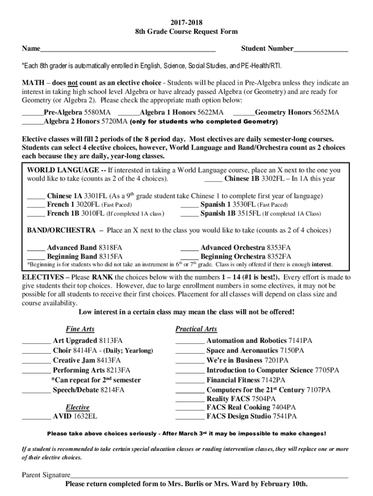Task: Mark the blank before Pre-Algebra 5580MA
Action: click(33, 113)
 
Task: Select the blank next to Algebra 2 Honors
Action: click(33, 122)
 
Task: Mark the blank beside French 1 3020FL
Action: click(36, 205)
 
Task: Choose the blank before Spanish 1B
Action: click(189, 214)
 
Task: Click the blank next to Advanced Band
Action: click(36, 248)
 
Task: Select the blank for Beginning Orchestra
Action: click(189, 256)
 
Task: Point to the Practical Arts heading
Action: click(196, 329)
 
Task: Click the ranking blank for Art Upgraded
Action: click(36, 341)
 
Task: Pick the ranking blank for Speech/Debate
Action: click(36, 389)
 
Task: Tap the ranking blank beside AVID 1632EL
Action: click(36, 416)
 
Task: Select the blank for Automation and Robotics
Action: click(190, 341)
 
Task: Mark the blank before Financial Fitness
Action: click(190, 380)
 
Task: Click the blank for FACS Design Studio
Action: click(190, 416)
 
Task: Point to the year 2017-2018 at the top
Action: click(186, 22)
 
